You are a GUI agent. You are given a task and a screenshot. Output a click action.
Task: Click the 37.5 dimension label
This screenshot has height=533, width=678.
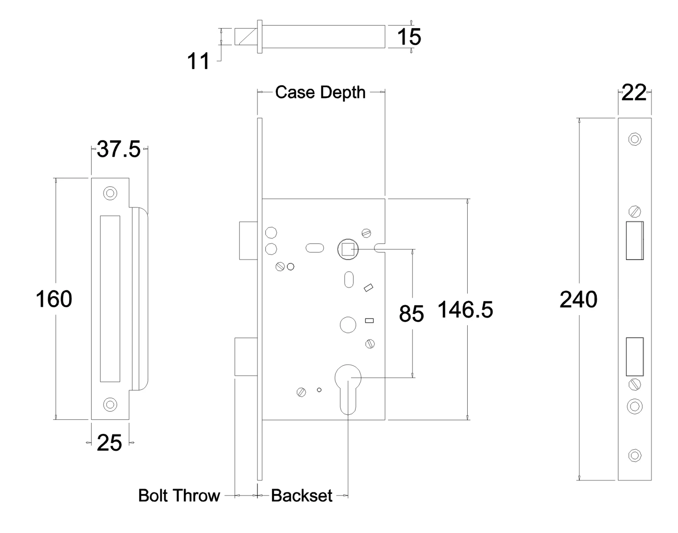point(119,149)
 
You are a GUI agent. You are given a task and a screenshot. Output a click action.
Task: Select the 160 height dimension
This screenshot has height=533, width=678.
point(54,299)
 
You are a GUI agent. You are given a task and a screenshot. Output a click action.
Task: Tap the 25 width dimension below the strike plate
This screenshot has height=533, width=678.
point(110,443)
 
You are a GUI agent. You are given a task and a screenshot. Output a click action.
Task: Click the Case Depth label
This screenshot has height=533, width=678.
point(320,92)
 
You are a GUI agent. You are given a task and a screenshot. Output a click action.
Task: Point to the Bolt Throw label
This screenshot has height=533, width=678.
point(179,495)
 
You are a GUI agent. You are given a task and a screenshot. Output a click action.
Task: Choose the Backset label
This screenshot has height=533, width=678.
point(301,495)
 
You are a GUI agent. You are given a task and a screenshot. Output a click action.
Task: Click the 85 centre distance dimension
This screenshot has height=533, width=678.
point(411,314)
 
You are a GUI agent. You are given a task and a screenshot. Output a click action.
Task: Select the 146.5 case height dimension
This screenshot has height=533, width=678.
point(465,310)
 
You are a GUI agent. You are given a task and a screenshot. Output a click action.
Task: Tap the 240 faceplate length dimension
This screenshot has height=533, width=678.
point(578,300)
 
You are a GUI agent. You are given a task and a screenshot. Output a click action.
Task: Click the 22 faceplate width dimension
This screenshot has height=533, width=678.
point(633,93)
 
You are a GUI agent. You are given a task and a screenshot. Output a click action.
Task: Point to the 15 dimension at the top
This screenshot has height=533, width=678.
point(409,37)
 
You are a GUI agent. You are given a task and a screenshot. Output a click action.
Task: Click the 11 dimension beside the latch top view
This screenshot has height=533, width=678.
point(198,61)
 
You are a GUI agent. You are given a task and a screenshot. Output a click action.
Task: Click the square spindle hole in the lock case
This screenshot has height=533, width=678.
point(347,249)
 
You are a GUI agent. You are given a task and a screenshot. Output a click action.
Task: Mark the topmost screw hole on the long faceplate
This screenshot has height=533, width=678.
point(634,139)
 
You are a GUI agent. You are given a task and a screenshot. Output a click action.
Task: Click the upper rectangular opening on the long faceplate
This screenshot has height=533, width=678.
point(634,240)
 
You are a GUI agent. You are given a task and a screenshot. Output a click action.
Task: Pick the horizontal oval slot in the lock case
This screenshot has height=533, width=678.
point(314,247)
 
